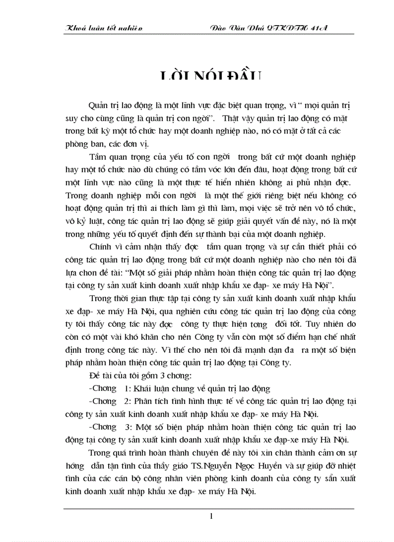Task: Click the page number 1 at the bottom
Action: [x=211, y=516]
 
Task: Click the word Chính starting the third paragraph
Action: [x=101, y=248]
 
